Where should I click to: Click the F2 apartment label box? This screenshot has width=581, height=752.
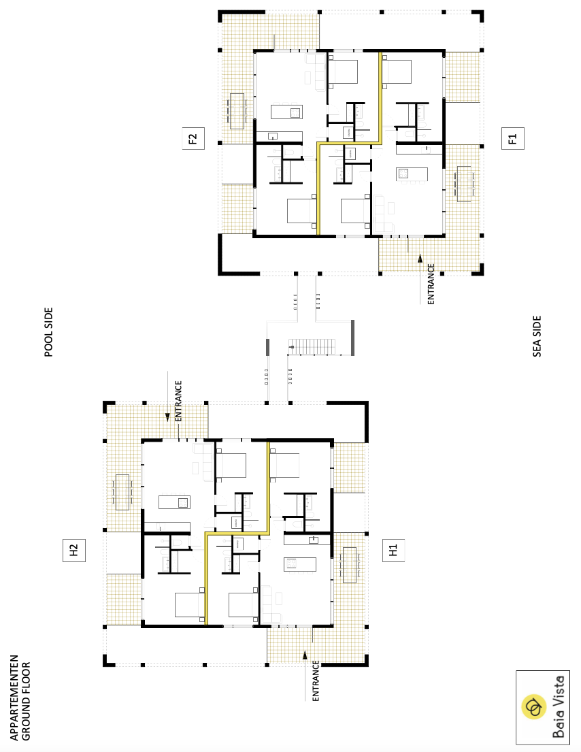click(x=193, y=139)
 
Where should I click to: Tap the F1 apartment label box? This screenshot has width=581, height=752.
click(x=512, y=139)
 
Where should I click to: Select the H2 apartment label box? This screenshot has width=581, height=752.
click(x=74, y=550)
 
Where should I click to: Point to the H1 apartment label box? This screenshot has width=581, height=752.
click(x=393, y=550)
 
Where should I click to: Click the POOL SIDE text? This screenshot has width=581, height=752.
click(x=48, y=332)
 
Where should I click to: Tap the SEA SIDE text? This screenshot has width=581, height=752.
click(x=537, y=336)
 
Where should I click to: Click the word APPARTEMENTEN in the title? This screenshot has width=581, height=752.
click(x=14, y=698)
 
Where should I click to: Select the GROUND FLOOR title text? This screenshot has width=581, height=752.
click(x=26, y=701)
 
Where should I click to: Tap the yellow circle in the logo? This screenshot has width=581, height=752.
click(x=533, y=707)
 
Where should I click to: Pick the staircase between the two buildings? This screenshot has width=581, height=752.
click(x=312, y=347)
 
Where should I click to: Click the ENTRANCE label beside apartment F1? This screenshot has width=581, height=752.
click(x=431, y=284)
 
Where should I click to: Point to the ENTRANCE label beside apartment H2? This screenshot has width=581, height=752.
click(x=178, y=401)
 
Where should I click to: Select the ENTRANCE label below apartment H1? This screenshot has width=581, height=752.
click(x=316, y=681)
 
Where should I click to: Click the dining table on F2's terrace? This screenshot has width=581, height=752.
click(x=237, y=111)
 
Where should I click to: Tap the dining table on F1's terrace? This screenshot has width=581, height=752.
click(x=464, y=184)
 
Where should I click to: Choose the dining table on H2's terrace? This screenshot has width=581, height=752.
click(x=122, y=492)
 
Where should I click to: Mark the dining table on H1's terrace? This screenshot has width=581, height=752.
click(x=350, y=565)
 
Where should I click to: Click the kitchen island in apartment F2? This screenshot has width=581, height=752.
click(x=286, y=112)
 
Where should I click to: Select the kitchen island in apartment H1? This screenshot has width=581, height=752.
click(x=299, y=564)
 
